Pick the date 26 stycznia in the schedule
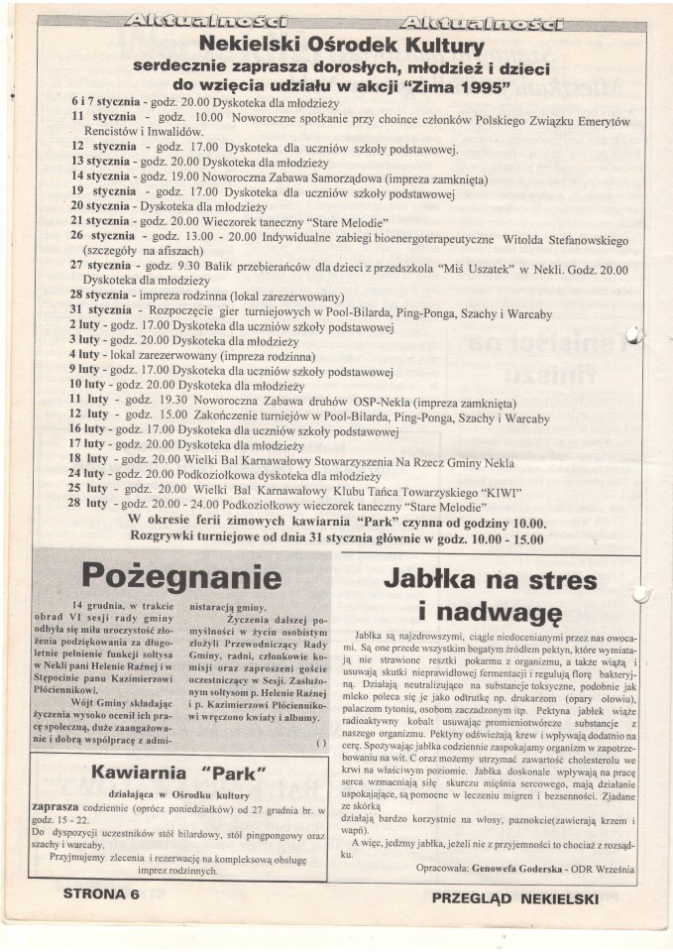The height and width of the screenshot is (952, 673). pyautogui.click(x=105, y=236)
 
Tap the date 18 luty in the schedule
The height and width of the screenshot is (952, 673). pyautogui.click(x=89, y=459)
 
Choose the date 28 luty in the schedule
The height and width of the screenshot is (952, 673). pyautogui.click(x=89, y=503)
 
